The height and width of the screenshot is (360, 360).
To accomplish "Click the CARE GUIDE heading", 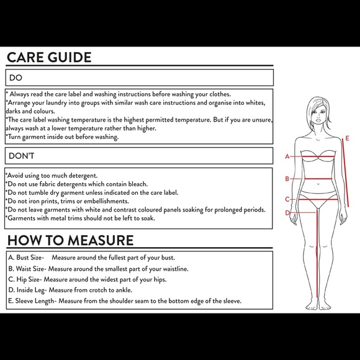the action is pyautogui.click(x=49, y=57).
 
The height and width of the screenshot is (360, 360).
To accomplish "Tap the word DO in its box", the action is pyautogui.click(x=16, y=78).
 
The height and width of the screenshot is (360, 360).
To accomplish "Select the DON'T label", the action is pyautogui.click(x=21, y=156).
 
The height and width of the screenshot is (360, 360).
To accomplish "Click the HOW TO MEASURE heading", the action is pyautogui.click(x=71, y=240).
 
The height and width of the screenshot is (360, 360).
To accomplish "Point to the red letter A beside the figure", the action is pyautogui.click(x=287, y=156).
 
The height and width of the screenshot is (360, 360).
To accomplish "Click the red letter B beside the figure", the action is pyautogui.click(x=287, y=179).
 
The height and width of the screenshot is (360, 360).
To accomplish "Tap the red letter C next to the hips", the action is pyautogui.click(x=287, y=199).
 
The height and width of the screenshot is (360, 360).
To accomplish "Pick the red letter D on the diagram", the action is pyautogui.click(x=287, y=213).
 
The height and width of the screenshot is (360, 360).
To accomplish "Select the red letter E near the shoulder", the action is pyautogui.click(x=347, y=138).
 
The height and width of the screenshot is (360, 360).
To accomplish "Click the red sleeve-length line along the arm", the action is pyautogui.click(x=345, y=173).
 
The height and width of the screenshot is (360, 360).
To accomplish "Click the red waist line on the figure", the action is pyautogui.click(x=318, y=179).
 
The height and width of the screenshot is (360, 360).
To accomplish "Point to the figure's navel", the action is pyautogui.click(x=318, y=184).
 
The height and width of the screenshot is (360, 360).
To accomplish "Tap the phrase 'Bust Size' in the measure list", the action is pyautogui.click(x=29, y=258).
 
